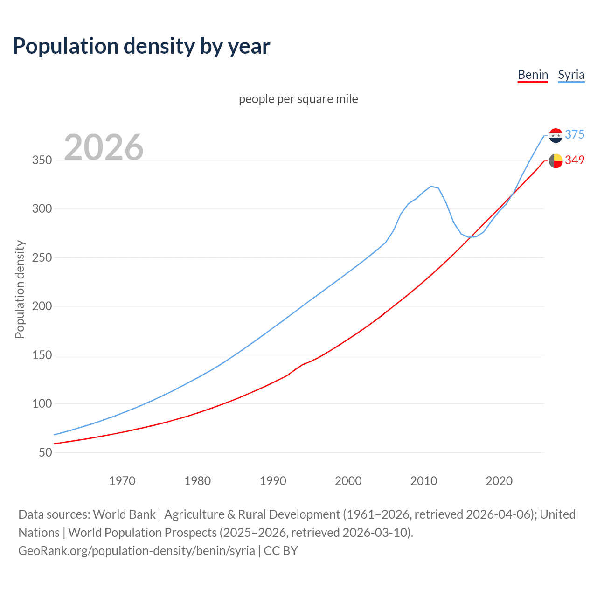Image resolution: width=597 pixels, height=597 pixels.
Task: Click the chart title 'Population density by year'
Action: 141,46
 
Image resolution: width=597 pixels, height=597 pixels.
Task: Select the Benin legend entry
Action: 533,75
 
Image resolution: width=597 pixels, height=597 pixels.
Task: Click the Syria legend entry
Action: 571,75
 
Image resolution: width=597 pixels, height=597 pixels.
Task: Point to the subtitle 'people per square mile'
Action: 298,99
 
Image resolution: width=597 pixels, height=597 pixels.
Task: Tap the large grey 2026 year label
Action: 104,147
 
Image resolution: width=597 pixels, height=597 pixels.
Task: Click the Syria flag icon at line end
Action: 555,135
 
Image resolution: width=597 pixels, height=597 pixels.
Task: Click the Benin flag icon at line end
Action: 555,160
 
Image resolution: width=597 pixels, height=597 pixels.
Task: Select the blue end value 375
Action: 575,134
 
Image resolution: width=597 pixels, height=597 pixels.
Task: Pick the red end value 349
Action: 575,160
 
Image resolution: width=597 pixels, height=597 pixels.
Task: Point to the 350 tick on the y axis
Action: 42,160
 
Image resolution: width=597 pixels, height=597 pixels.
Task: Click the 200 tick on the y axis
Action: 42,306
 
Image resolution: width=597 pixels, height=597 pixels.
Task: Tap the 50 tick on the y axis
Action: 45,452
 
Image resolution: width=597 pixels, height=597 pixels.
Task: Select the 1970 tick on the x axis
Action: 122,481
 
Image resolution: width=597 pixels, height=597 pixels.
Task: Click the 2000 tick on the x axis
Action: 348,481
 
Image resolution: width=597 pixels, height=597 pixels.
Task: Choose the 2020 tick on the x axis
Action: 499,481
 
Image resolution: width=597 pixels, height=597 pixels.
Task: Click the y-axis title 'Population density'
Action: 20,289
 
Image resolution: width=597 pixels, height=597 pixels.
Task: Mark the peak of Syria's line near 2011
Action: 431,186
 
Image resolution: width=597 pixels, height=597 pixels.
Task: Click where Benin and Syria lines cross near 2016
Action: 470,237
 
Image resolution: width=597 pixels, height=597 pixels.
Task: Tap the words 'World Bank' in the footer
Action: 124,514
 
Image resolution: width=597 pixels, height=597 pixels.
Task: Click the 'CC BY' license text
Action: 281,551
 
